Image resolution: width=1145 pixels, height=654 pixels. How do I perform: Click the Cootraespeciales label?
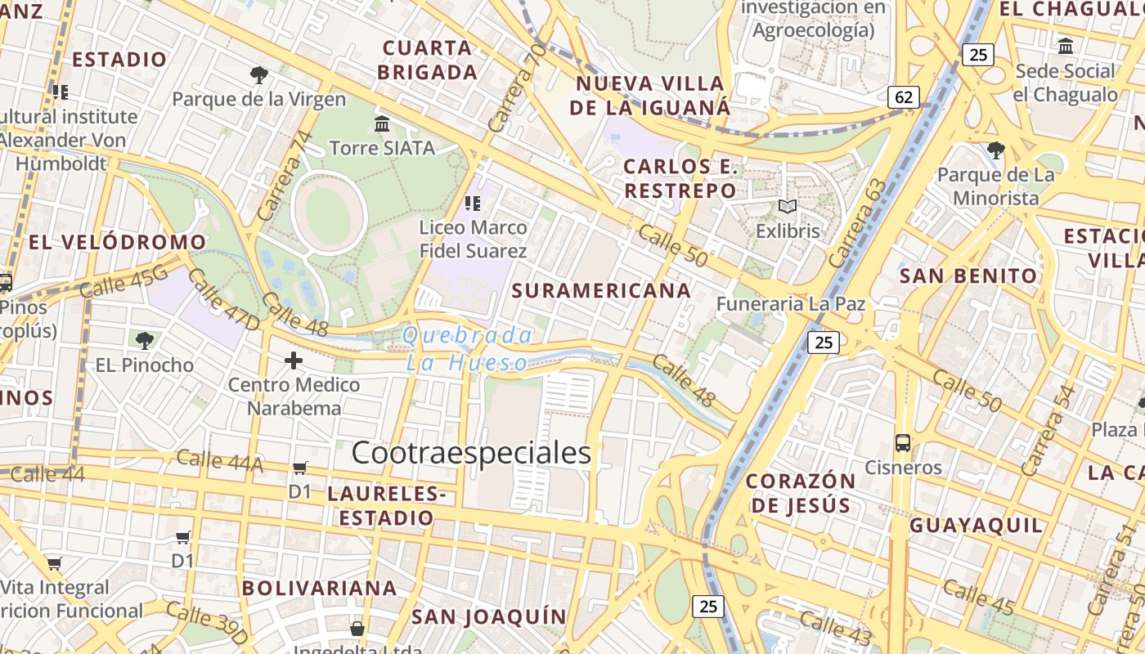point(471,452)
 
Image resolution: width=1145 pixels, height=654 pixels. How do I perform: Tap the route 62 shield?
point(904,97)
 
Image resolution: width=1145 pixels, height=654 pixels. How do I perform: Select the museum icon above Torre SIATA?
point(381,123)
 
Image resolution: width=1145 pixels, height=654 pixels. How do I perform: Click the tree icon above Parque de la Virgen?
point(259,75)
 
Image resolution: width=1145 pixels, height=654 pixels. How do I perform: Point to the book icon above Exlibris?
point(787,207)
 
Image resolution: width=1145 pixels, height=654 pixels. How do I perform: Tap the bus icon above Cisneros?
point(903,443)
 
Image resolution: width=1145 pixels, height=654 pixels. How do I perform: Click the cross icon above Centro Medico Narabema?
point(294,360)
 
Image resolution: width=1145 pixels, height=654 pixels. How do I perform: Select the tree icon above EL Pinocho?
point(145,340)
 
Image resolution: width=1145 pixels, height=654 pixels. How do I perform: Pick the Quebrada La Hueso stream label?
point(467,348)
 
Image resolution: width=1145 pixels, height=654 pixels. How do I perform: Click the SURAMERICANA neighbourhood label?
point(601,290)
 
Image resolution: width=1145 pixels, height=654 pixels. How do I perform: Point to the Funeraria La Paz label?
point(790,304)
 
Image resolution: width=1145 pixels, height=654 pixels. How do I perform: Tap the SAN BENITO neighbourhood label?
point(968,276)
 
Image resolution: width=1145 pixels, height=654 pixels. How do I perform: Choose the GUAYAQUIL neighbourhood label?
point(977,525)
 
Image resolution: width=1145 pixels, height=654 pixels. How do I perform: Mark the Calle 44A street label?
point(219,461)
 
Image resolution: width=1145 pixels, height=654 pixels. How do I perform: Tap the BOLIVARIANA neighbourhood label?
point(319,588)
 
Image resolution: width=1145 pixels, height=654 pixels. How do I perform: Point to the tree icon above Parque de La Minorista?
point(995,150)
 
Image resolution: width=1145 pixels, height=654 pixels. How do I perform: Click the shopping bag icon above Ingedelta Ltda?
point(357,629)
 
